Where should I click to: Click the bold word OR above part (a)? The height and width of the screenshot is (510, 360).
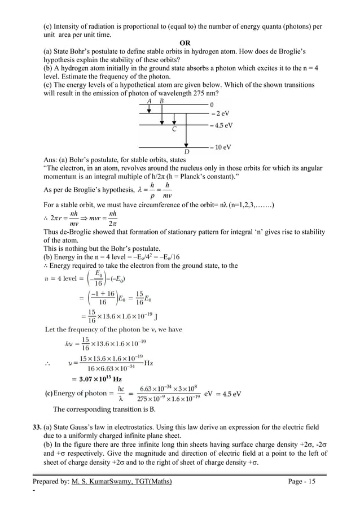[x=184, y=43]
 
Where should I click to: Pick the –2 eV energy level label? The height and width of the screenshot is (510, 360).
[x=219, y=113]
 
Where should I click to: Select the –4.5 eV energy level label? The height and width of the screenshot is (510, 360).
[x=221, y=125]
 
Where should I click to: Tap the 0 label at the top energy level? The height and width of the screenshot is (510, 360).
[x=212, y=105]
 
